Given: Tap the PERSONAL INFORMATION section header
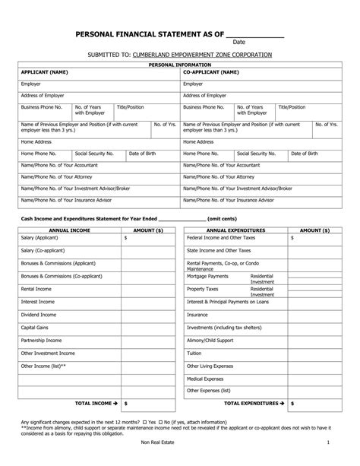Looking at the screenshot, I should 180,66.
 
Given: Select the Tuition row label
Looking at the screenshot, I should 194,353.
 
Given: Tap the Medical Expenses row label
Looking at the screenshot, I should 207,379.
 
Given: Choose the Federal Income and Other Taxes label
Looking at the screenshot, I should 219,237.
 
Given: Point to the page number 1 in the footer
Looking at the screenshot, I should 327,442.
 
